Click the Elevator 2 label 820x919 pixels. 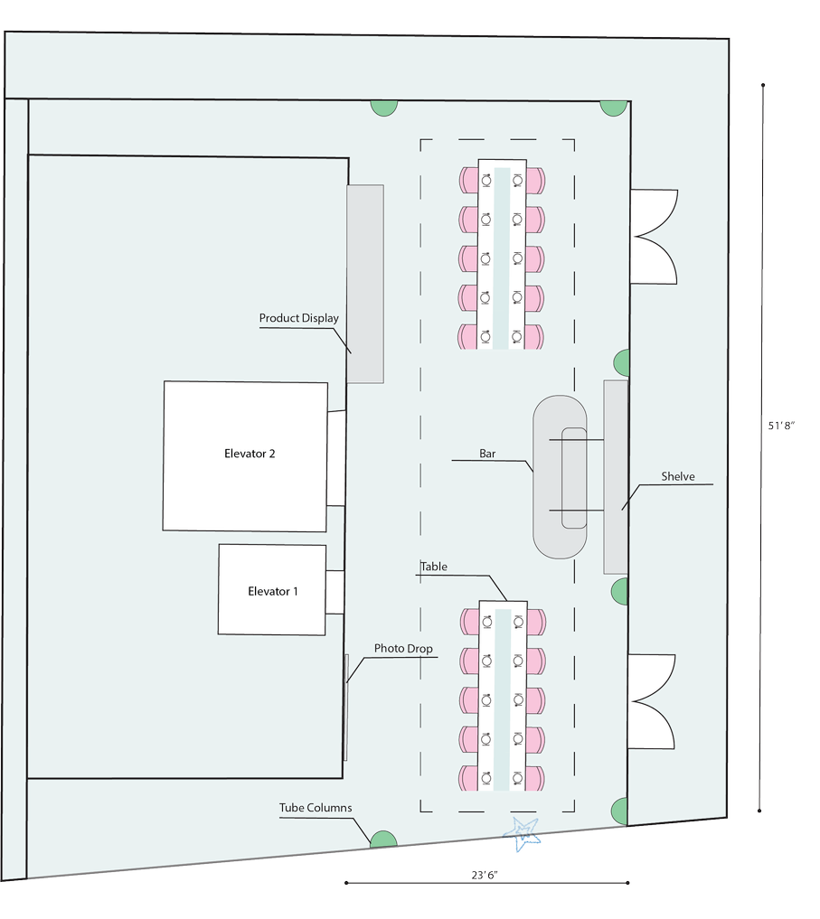click(250, 454)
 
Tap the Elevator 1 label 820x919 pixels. click(273, 592)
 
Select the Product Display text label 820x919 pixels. click(299, 318)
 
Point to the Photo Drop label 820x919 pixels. click(403, 649)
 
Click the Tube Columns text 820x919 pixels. click(316, 808)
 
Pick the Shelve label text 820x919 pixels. click(678, 476)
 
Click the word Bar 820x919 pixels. click(489, 454)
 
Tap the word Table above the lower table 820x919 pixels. click(434, 567)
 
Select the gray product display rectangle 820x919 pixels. click(365, 284)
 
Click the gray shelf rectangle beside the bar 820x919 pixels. click(616, 476)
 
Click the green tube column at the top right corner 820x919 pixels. click(613, 108)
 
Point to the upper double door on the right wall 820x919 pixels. click(653, 236)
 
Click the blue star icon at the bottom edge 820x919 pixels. click(524, 831)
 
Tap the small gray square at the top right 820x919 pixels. click(741, 110)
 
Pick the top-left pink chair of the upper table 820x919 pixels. click(468, 179)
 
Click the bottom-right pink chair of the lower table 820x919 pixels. click(535, 778)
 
